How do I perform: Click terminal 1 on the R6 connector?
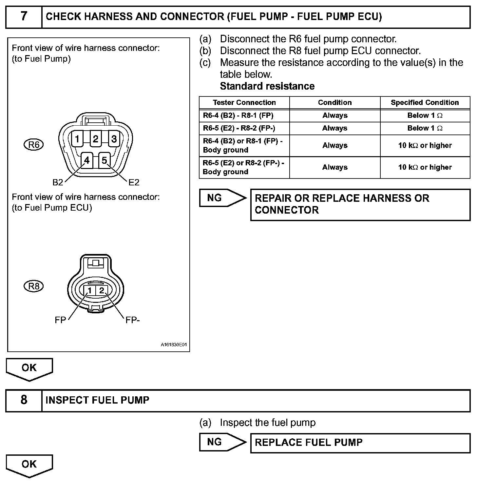(77, 139)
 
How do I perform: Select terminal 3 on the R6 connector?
(114, 139)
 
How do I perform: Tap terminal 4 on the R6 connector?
(87, 160)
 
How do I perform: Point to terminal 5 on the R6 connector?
(105, 160)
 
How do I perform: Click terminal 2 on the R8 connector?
(102, 290)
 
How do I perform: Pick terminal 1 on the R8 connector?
(89, 290)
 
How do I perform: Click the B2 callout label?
(58, 182)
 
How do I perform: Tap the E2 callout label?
(134, 182)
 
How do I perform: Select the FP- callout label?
(132, 320)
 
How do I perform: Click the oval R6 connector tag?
(34, 145)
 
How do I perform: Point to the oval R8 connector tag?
(34, 286)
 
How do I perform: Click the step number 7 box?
(24, 17)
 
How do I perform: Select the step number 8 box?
(24, 400)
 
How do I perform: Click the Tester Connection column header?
(244, 103)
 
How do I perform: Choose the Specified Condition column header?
(425, 103)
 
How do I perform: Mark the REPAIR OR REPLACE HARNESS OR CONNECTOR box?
(360, 204)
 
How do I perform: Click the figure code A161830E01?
(173, 345)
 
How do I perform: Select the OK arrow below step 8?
(29, 465)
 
